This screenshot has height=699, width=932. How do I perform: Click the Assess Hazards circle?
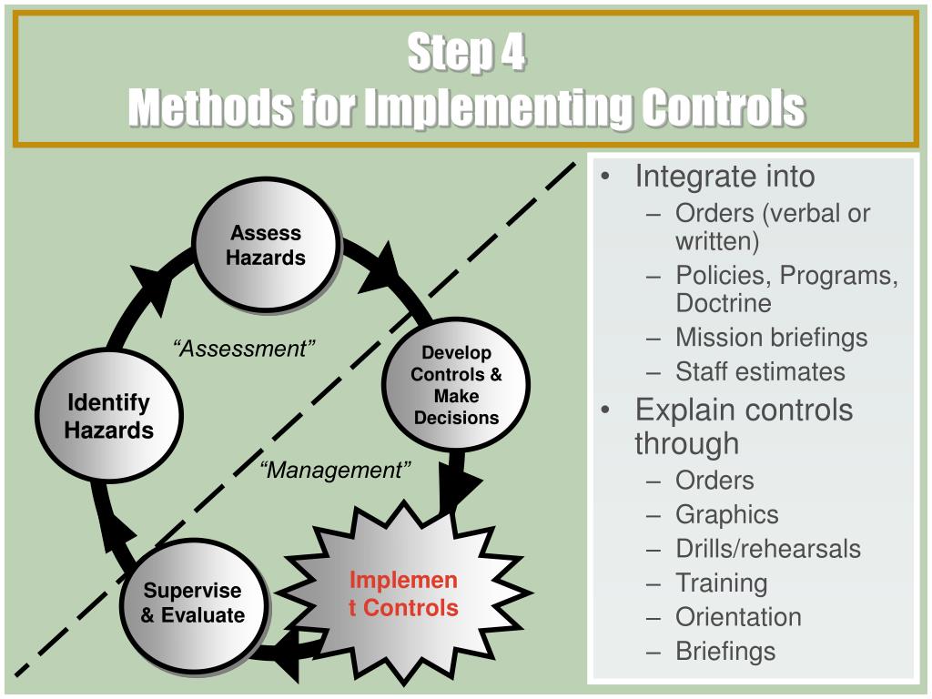click(x=265, y=245)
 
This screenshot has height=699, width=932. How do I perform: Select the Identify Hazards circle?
click(x=109, y=416)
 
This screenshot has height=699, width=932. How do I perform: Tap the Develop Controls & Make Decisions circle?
click(x=455, y=385)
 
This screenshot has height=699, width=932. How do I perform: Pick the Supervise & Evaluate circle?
click(x=192, y=603)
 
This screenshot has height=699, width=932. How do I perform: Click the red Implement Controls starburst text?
click(x=403, y=594)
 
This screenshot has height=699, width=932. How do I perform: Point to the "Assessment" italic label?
click(x=244, y=349)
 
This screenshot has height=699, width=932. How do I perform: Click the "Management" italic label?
click(x=335, y=470)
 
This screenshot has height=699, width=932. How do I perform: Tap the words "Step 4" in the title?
click(x=466, y=53)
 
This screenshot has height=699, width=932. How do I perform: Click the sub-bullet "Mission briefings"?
click(x=771, y=337)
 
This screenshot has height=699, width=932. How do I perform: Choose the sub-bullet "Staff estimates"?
click(x=760, y=371)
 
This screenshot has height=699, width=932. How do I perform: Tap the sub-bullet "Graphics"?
click(x=726, y=514)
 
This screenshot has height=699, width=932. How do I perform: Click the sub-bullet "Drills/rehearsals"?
click(x=767, y=549)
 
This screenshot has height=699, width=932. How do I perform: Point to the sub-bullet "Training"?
click(x=721, y=582)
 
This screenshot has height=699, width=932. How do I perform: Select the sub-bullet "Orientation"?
click(x=738, y=617)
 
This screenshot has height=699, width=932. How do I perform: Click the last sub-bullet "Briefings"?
click(x=725, y=652)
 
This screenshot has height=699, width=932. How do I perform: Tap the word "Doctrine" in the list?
click(x=723, y=302)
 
